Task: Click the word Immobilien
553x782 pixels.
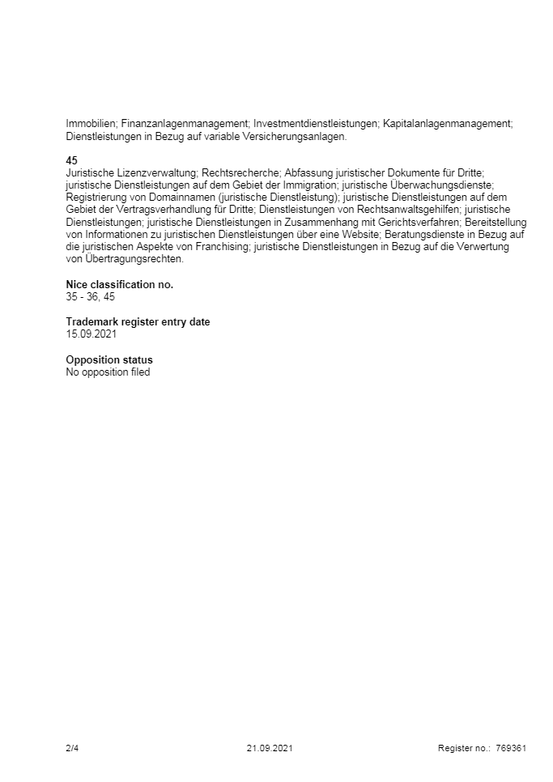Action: (x=90, y=123)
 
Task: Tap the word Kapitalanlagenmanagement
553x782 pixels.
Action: (x=447, y=123)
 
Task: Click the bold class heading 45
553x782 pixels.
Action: (x=71, y=161)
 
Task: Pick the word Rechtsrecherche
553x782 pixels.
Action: (x=240, y=173)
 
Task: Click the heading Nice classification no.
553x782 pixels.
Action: (x=119, y=284)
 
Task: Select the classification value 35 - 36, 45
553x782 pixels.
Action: (x=90, y=297)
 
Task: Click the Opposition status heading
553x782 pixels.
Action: (x=109, y=359)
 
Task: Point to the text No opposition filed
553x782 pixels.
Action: (x=108, y=372)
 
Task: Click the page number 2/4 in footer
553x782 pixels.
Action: (x=72, y=748)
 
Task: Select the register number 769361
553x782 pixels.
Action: (x=511, y=748)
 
